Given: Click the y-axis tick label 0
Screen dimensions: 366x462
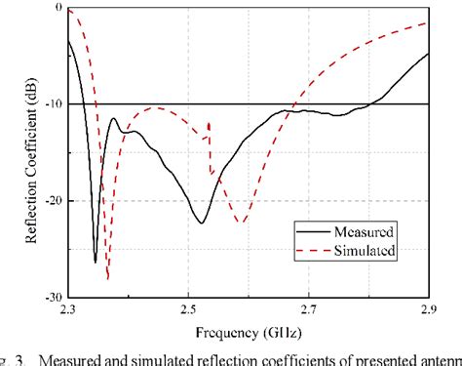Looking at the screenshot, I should (x=58, y=8).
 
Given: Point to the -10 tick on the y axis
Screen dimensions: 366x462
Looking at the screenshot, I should (x=51, y=104).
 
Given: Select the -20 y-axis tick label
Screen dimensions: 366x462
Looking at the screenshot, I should (x=51, y=201).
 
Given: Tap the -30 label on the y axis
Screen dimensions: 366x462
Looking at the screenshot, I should (x=51, y=297).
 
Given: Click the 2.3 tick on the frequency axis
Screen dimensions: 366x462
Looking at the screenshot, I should (x=68, y=310).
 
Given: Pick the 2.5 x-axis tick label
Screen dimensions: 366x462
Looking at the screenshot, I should (x=188, y=310).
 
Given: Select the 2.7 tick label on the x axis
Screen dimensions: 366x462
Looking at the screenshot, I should (x=308, y=310).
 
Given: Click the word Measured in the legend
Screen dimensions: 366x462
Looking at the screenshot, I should (x=366, y=232).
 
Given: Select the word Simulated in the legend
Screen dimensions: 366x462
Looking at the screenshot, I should (x=366, y=251).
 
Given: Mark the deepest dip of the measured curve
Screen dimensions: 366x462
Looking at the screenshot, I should (x=96, y=262).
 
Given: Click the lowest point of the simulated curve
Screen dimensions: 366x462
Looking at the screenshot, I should (x=108, y=279).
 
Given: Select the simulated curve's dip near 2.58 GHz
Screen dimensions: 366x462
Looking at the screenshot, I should (x=241, y=223).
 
